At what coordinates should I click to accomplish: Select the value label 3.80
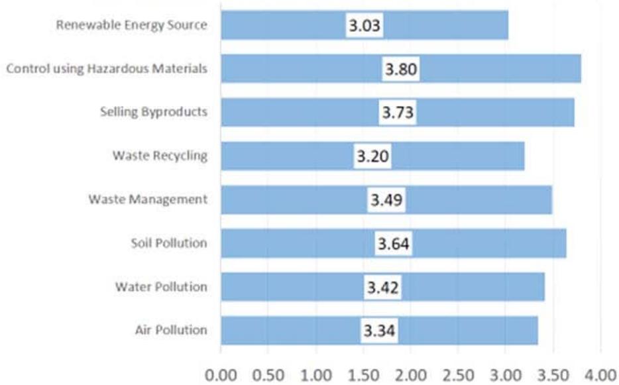pos(400,69)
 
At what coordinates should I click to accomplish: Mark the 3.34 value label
pos(380,330)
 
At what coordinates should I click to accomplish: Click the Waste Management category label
pos(148,199)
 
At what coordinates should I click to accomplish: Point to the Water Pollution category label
pos(161,286)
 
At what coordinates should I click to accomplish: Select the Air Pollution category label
pos(170,329)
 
